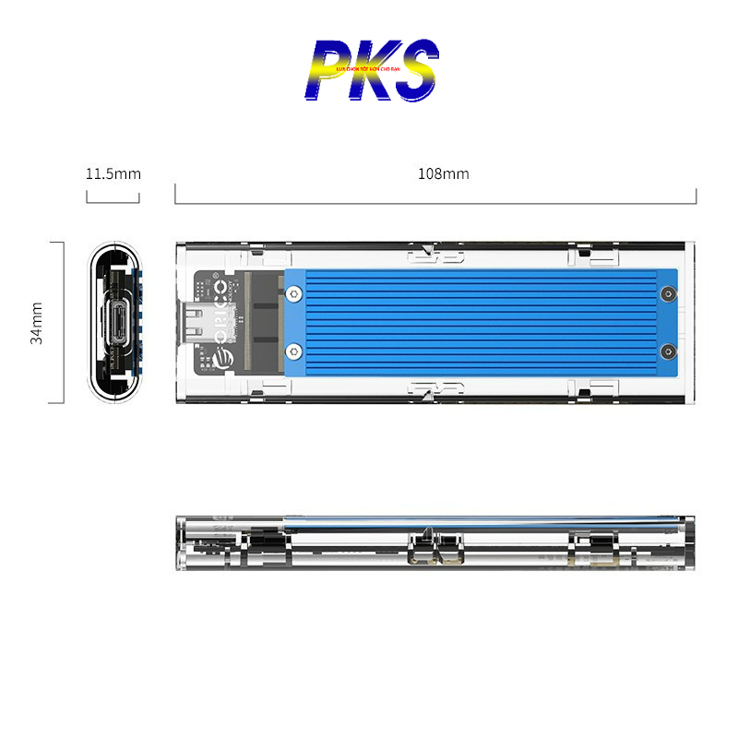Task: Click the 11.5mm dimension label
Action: point(113,173)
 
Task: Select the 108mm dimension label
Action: point(443,173)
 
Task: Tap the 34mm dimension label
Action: point(37,323)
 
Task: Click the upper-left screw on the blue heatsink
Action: point(293,295)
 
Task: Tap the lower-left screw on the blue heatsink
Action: point(293,351)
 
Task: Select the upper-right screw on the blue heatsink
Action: point(668,295)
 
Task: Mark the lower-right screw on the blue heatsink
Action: point(668,351)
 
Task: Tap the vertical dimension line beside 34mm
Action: point(63,323)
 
